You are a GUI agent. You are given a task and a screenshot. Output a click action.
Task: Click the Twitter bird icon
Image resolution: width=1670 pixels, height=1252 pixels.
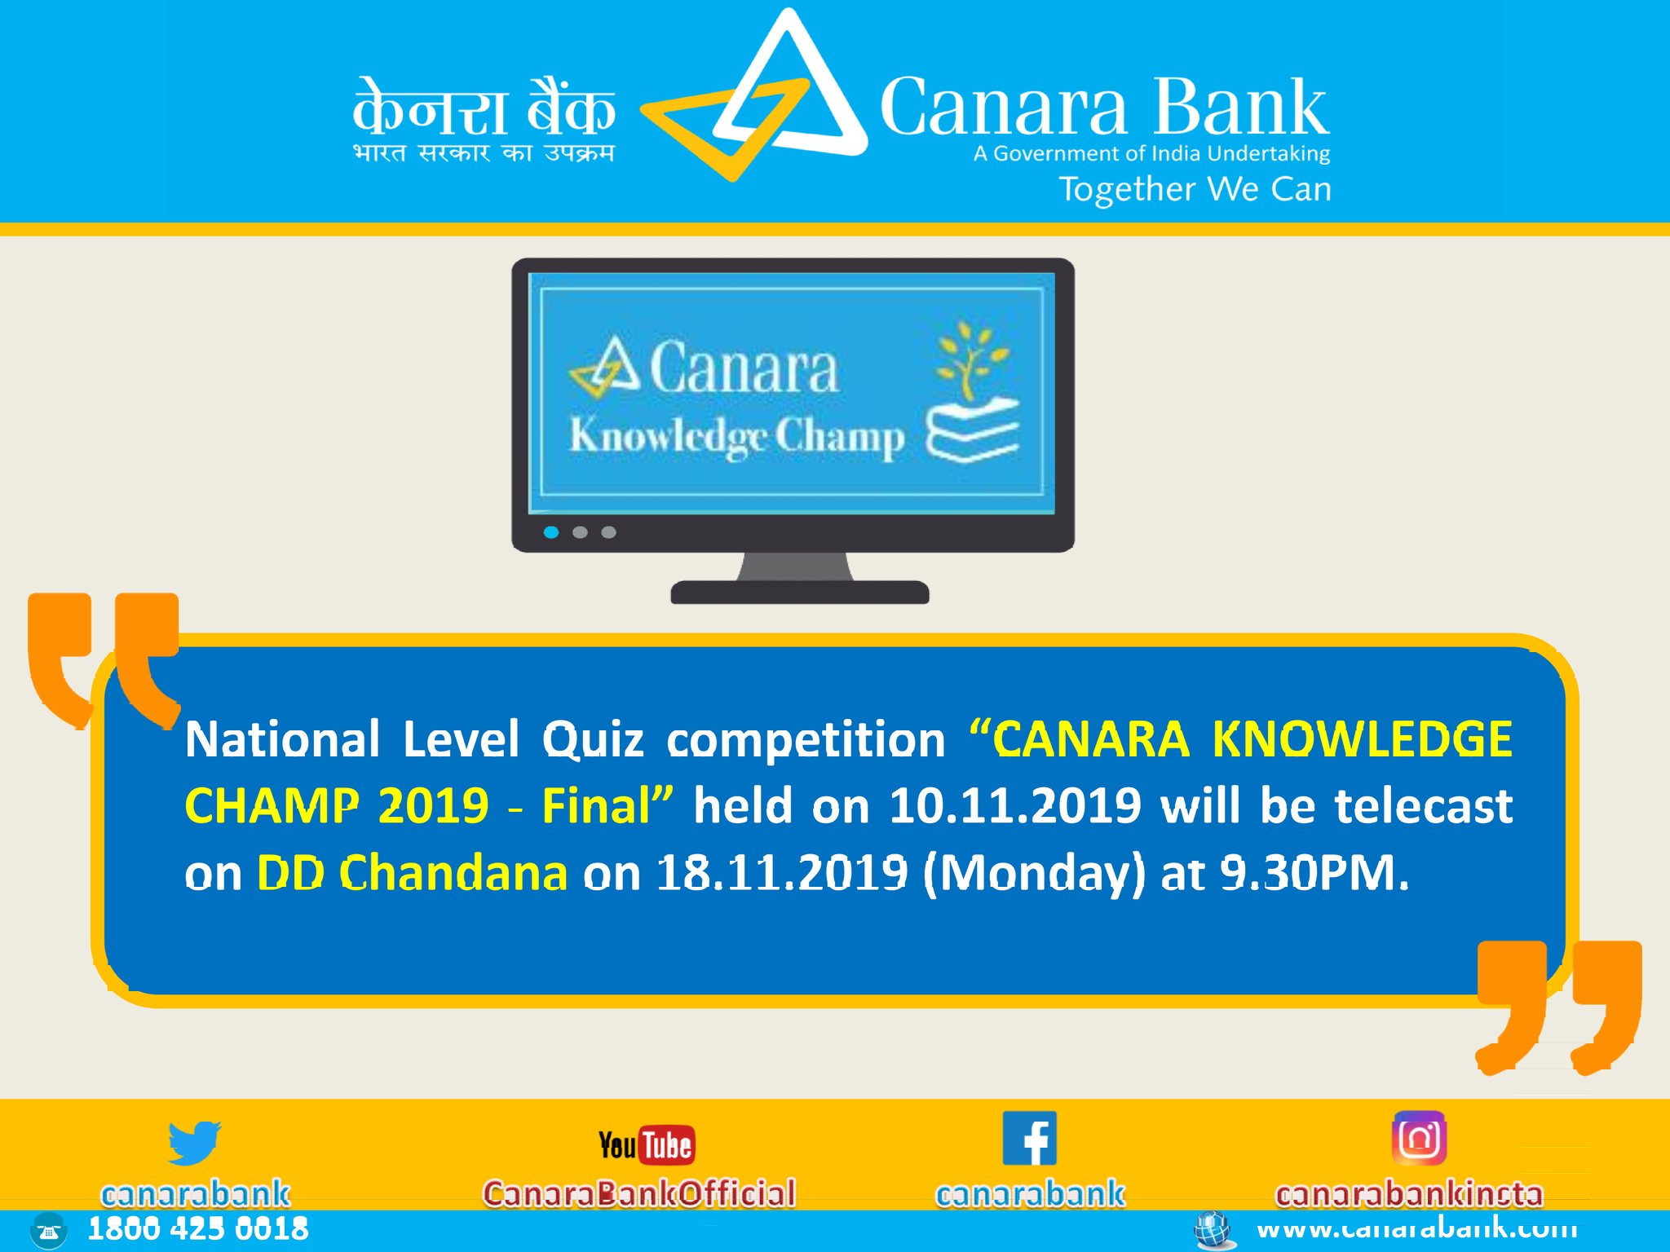point(194,1142)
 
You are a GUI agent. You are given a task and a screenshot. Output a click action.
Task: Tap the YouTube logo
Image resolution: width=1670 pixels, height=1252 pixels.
point(646,1145)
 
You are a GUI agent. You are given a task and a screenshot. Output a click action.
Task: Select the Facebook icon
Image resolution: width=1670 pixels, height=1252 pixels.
point(1029,1139)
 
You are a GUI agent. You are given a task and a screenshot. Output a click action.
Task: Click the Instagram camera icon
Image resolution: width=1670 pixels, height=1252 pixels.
point(1419,1138)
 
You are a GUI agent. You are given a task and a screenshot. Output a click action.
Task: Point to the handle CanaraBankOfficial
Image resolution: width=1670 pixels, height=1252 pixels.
point(639,1193)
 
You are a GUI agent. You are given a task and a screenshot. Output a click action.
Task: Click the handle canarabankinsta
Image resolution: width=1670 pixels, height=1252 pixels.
point(1409,1194)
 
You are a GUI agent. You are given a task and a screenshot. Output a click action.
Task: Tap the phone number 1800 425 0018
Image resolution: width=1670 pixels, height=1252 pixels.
point(198,1229)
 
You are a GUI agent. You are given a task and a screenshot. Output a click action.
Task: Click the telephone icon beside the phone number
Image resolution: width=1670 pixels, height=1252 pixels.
point(48,1231)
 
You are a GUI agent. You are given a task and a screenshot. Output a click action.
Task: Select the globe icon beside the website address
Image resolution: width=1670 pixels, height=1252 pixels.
point(1213,1229)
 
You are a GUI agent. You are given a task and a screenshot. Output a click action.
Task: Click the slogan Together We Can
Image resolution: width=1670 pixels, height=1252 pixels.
point(1195,189)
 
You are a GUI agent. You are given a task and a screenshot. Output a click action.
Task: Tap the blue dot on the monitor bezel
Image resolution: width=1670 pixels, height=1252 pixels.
point(551,532)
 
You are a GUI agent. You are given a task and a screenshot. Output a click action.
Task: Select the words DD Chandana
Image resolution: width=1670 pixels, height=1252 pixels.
point(412,873)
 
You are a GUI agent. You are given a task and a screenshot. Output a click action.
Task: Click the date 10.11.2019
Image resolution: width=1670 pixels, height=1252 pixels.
point(1014,806)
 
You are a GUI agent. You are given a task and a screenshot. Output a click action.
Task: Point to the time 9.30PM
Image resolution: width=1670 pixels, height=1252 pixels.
point(1314,873)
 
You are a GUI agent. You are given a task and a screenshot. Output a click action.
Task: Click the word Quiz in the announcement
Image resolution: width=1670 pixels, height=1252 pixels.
point(593,739)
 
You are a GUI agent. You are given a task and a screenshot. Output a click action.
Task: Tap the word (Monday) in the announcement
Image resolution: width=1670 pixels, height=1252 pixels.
point(1034,874)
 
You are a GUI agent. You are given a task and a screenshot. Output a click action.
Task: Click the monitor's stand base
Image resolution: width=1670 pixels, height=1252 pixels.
point(799,592)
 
